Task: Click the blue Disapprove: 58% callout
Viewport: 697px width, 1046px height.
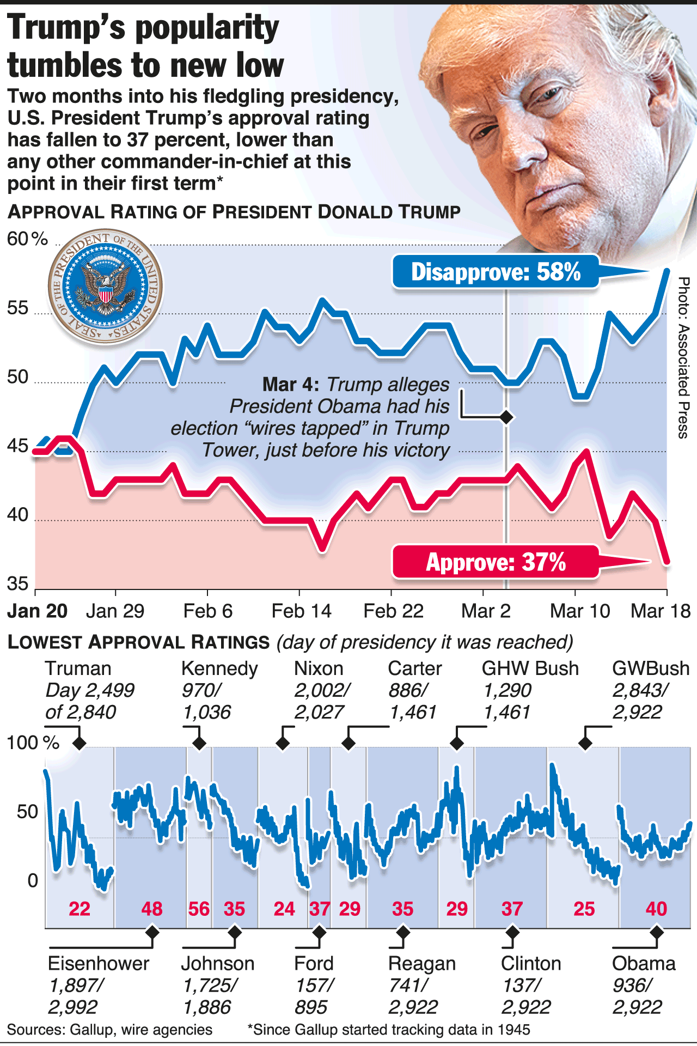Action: tap(496, 271)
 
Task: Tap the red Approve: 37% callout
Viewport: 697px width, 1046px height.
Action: tap(496, 562)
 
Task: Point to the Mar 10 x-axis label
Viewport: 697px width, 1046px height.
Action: tap(580, 611)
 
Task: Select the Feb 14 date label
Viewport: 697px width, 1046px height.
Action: tap(301, 611)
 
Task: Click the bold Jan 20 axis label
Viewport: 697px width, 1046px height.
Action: tap(38, 611)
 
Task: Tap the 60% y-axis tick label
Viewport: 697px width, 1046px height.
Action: tap(27, 239)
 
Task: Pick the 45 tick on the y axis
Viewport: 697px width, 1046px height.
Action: tap(17, 446)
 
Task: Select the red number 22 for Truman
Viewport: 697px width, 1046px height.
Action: tap(80, 909)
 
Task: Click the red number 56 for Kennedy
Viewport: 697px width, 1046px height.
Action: tap(199, 909)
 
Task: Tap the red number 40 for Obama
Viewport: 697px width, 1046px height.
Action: tap(656, 909)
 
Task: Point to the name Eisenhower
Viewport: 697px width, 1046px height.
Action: tap(99, 963)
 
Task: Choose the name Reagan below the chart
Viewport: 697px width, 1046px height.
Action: tap(422, 963)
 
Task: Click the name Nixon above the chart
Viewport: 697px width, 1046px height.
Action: tap(319, 668)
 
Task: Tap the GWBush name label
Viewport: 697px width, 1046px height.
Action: tap(651, 668)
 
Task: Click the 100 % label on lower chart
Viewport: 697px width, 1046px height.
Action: tap(33, 743)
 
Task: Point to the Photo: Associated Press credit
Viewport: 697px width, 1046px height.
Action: tap(684, 357)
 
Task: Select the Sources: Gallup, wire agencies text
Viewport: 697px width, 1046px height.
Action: tap(109, 1030)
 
